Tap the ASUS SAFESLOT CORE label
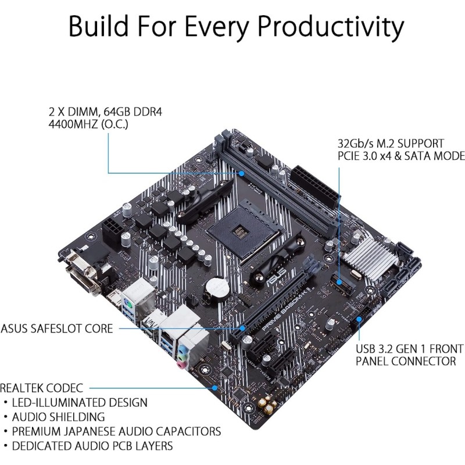pyautogui.click(x=58, y=329)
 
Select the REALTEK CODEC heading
pyautogui.click(x=42, y=388)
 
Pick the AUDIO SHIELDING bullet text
pyautogui.click(x=60, y=417)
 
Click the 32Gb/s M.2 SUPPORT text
pyautogui.click(x=391, y=143)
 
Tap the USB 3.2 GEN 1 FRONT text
pyautogui.click(x=410, y=349)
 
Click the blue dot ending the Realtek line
pyautogui.click(x=215, y=386)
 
